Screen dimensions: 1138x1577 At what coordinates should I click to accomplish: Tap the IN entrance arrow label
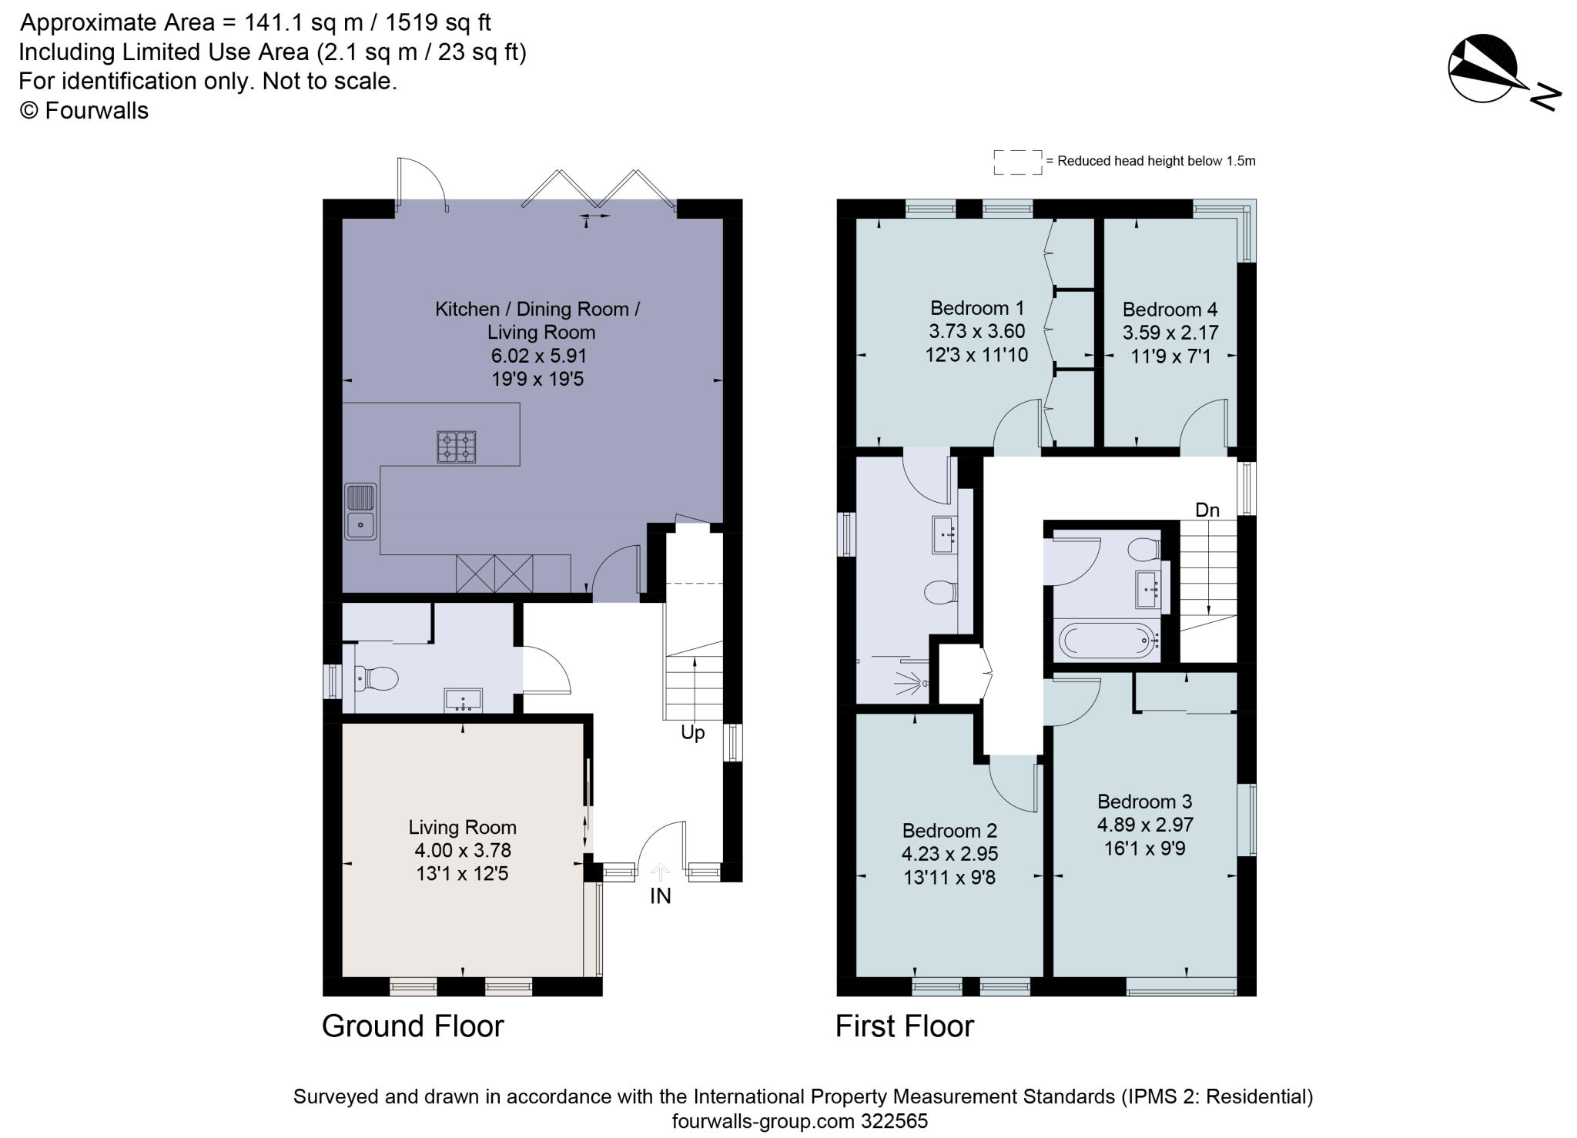coord(660,895)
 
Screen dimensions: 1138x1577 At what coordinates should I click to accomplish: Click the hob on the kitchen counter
coord(456,447)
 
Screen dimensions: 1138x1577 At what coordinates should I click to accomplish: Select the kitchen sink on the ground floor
coord(360,511)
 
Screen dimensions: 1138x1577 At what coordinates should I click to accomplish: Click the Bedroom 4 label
coord(1170,310)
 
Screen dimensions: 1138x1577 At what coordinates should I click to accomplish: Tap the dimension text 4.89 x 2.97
coord(1145,825)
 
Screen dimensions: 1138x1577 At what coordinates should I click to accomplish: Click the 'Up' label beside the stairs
coord(692,732)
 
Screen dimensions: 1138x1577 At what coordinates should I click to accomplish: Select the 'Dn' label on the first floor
coord(1207,510)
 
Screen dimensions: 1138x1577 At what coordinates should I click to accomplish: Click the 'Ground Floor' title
coord(413,1026)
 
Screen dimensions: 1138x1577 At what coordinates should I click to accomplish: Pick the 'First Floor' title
coord(904,1026)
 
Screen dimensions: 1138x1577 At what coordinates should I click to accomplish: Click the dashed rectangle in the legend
coord(1017,162)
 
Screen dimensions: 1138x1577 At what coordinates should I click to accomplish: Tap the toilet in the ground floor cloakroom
coord(377,678)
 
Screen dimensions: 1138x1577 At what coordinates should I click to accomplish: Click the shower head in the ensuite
coord(914,681)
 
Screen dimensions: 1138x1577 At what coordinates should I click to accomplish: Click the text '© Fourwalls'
coord(84,111)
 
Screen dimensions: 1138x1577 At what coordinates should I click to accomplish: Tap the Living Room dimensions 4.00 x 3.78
coord(462,851)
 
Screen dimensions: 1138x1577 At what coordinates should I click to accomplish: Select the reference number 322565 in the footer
coord(894,1121)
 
